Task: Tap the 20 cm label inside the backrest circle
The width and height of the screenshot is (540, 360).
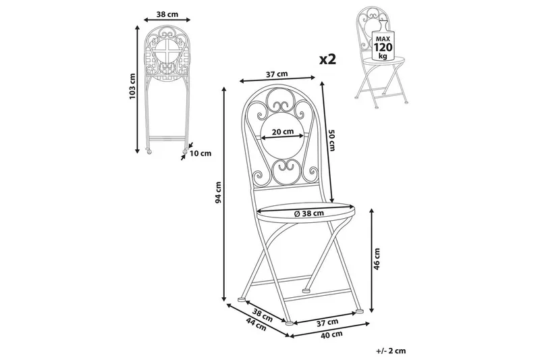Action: [x=283, y=132]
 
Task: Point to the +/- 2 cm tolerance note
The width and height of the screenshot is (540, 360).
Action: [x=389, y=351]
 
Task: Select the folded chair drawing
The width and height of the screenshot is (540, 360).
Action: [x=165, y=88]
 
